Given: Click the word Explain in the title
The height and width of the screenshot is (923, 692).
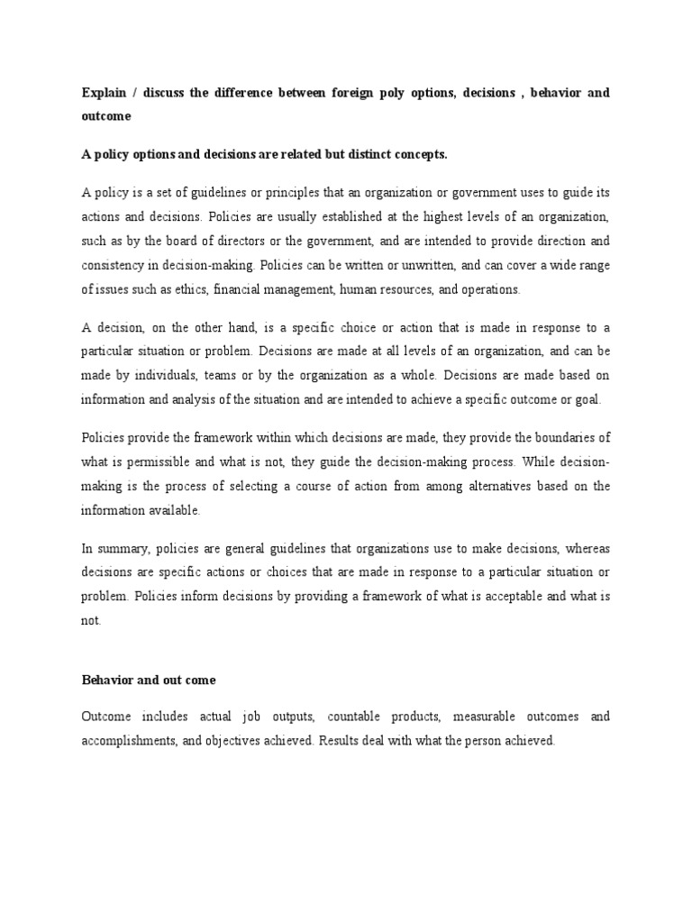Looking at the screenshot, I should (x=103, y=93).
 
